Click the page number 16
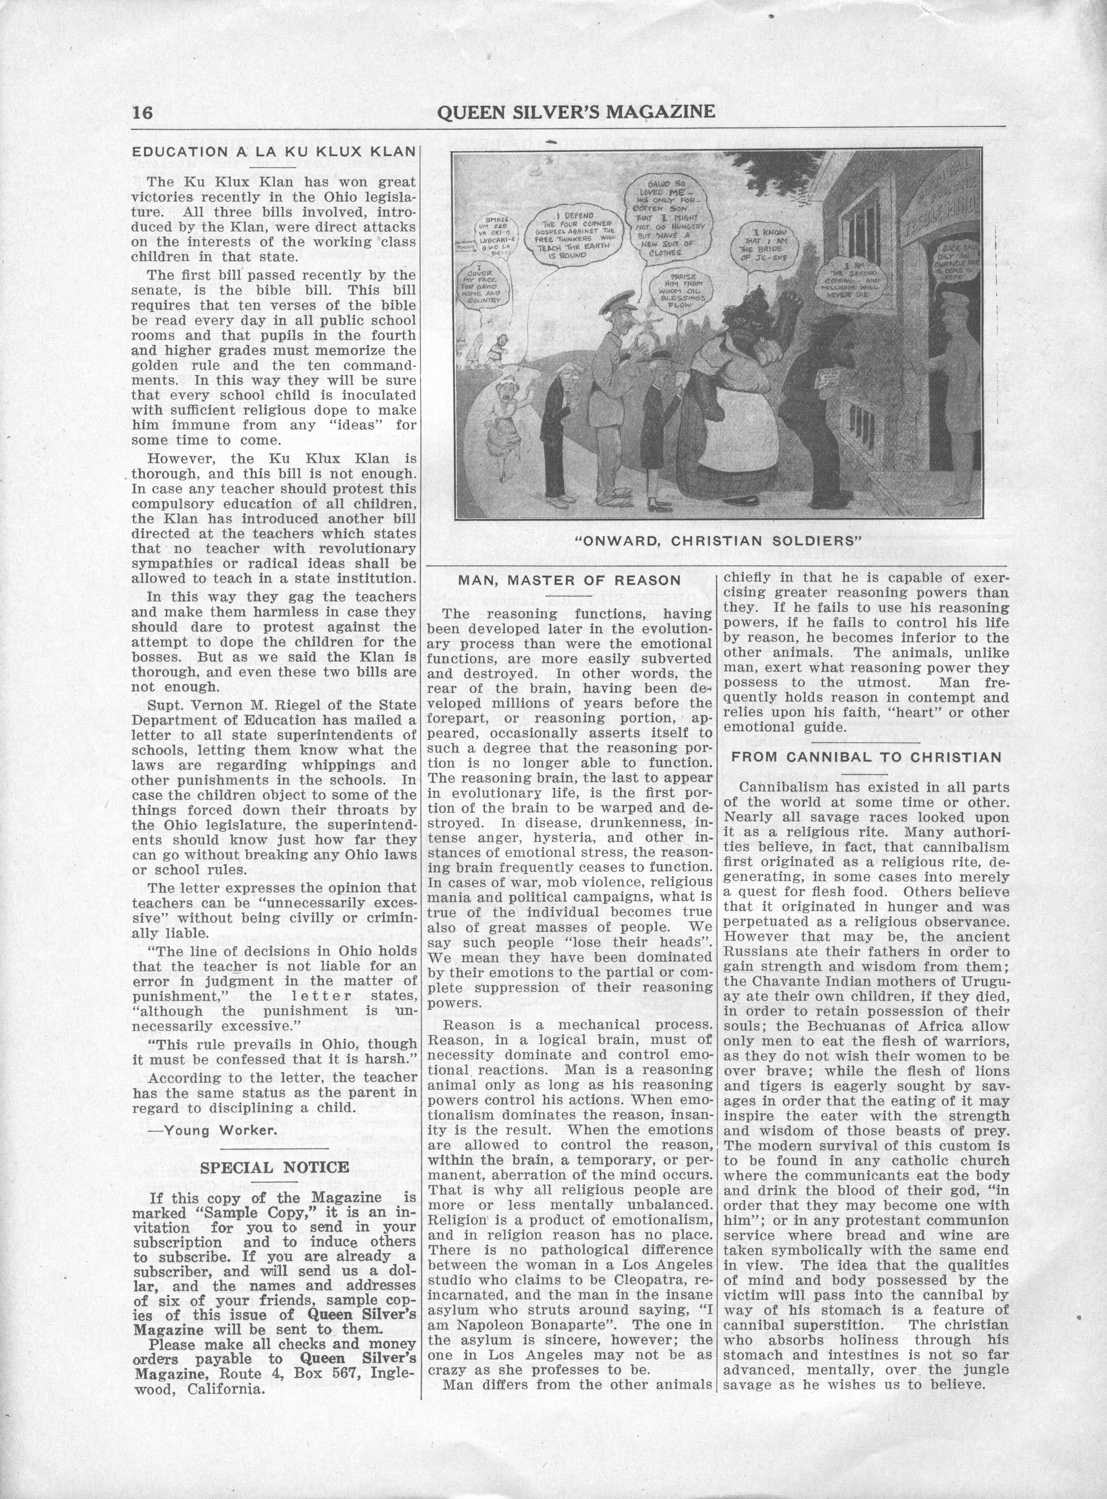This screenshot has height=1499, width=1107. [x=142, y=112]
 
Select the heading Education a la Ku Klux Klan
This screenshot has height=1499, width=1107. [x=274, y=152]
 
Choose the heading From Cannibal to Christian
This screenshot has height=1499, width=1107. [x=866, y=757]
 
